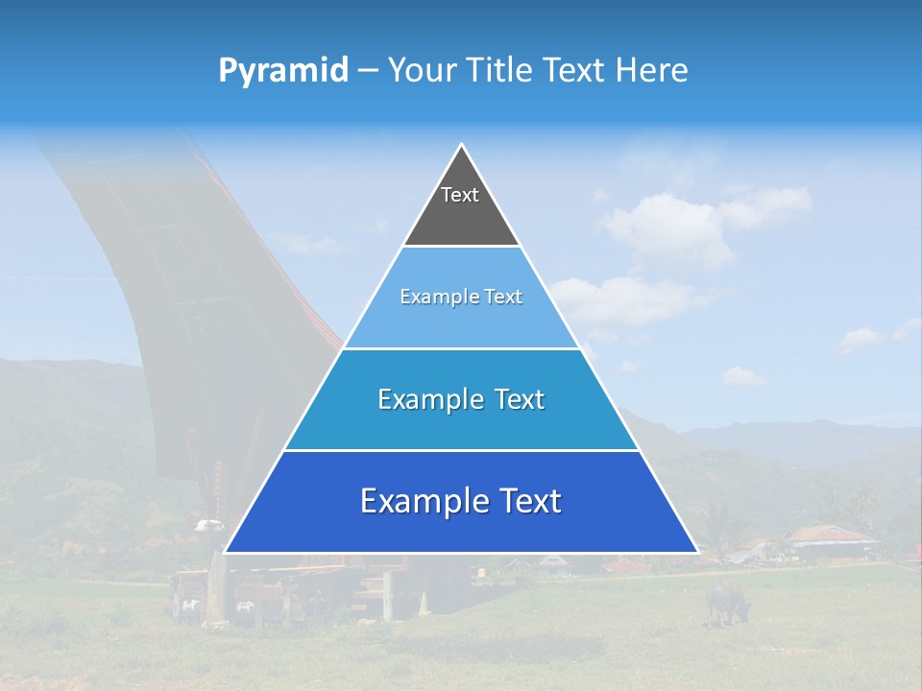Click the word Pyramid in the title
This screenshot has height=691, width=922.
pos(282,71)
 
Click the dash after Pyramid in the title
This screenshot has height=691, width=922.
pos(368,71)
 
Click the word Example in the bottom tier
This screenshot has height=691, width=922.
pos(420,501)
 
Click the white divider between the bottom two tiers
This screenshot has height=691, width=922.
pos(461,450)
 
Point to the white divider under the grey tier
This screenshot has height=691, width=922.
pos(461,247)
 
